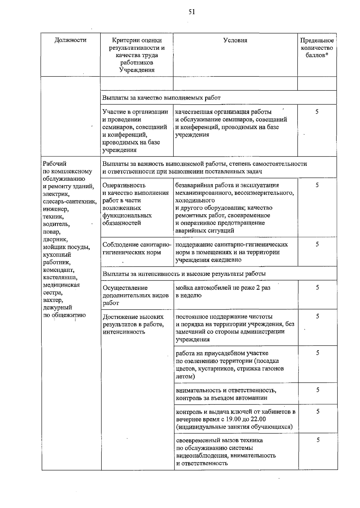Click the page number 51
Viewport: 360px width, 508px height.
pos(192,12)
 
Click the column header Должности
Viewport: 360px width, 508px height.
pos(70,40)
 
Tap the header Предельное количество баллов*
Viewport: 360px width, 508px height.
pos(317,48)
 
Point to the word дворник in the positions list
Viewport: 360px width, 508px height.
pos(55,239)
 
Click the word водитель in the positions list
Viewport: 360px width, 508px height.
pos(57,224)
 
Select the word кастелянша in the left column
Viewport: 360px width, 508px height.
pos(60,278)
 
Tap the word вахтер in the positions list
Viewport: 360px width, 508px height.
pos(53,300)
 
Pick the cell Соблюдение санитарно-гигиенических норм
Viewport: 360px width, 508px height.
pos(137,248)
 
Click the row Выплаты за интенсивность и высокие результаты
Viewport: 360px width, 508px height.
pos(184,274)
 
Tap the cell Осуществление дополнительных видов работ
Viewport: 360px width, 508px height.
pos(136,295)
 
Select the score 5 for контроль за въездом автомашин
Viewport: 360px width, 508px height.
pos(318,390)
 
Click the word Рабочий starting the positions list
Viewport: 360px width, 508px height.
pos(55,164)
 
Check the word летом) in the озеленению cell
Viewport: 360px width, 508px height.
pos(185,376)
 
